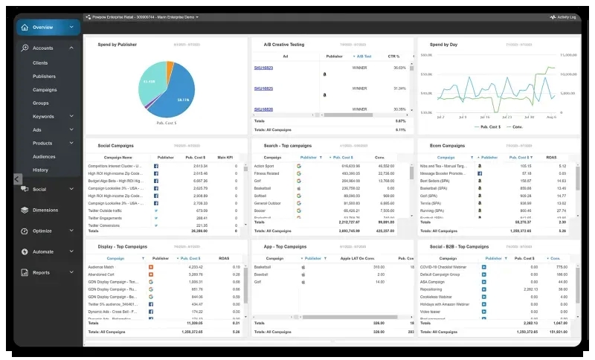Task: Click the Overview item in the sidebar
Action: click(43, 28)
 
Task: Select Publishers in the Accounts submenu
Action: click(44, 76)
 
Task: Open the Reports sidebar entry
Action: click(42, 272)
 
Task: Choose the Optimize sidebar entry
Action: click(42, 231)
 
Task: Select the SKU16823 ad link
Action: click(263, 68)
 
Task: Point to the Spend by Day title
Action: click(444, 44)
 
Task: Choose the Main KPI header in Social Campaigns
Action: click(226, 158)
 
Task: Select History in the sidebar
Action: click(40, 170)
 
